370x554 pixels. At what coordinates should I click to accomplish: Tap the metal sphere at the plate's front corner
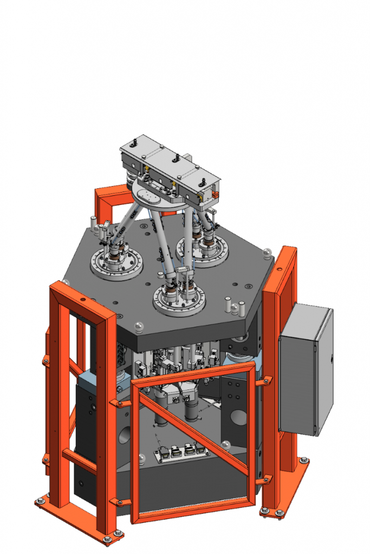[139, 325]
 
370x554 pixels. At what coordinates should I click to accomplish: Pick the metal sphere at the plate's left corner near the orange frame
[66, 282]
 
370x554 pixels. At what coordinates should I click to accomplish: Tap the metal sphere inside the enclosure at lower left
[141, 459]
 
